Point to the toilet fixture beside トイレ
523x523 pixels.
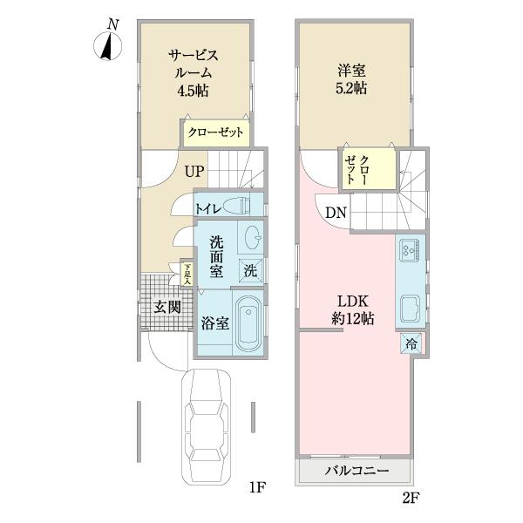[x=241, y=207]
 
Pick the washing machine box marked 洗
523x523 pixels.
[x=250, y=270]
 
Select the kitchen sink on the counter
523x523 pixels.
[x=409, y=309]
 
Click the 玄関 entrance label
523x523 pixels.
[x=167, y=306]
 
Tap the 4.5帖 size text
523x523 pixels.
[x=193, y=91]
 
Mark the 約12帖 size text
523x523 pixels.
[x=352, y=320]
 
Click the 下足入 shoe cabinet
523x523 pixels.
[x=187, y=274]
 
